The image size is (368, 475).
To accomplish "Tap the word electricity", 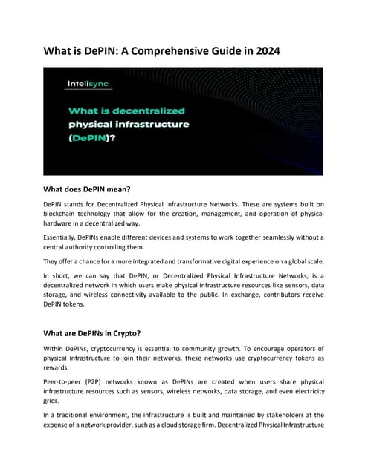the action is click(x=306, y=387).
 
